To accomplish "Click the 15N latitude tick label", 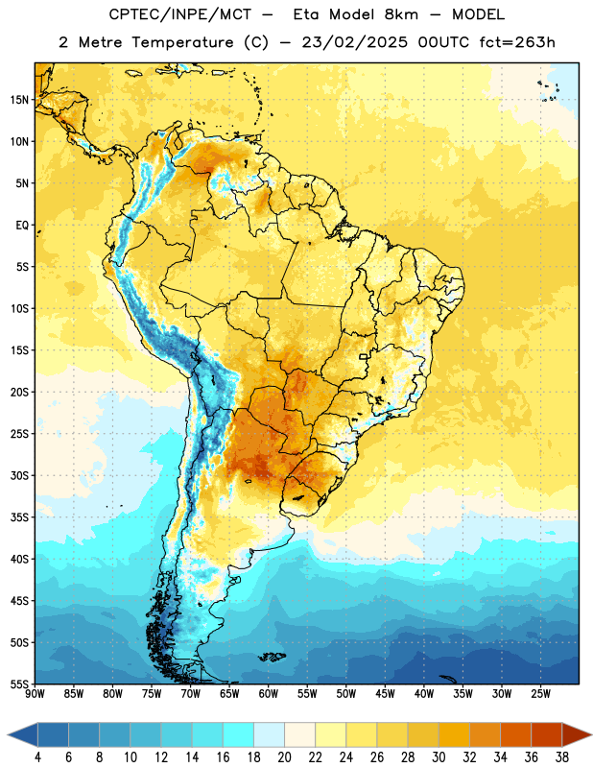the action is coord(19,100).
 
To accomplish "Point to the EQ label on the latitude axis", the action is coord(22,226).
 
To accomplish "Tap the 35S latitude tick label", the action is coord(19,517).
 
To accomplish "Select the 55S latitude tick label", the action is coord(19,684).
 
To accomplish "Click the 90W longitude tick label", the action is coord(36,694).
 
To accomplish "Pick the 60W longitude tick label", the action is coord(269,694).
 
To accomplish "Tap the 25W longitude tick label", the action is coord(540,694).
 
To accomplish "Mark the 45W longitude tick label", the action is coord(385,694).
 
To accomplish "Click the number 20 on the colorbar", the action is coord(284,757).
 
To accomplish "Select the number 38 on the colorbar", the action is coord(562,757).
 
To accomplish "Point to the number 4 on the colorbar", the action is coord(37,757).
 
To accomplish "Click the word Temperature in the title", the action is coord(182,42).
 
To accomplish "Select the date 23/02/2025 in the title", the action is coord(354,42).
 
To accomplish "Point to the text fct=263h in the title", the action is coord(517,42).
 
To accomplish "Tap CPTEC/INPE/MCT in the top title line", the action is coord(180,14).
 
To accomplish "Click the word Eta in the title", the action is coord(306,14).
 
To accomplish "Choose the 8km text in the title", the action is coord(401,14).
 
